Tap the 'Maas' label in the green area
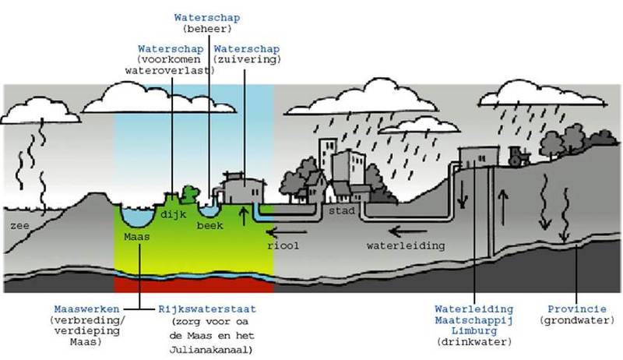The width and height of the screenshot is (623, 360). (136, 235)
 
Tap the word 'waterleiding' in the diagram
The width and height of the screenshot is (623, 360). (406, 245)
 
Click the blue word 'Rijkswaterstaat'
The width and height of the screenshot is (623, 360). (207, 309)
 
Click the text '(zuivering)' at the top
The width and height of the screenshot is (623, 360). (247, 58)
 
